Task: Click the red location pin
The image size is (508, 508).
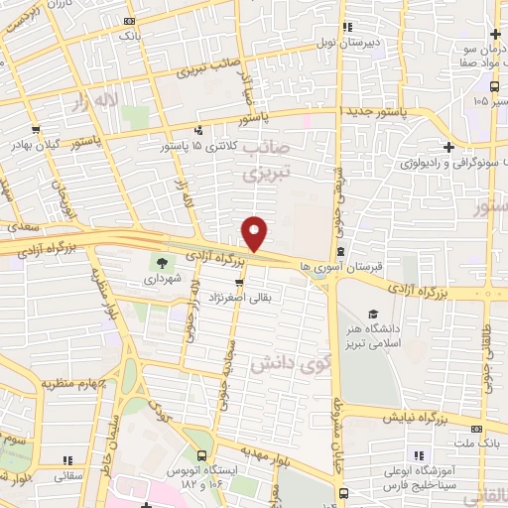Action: [x=255, y=234]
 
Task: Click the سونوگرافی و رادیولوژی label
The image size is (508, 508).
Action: [x=451, y=162]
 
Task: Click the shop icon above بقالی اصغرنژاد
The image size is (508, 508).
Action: [x=238, y=283]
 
